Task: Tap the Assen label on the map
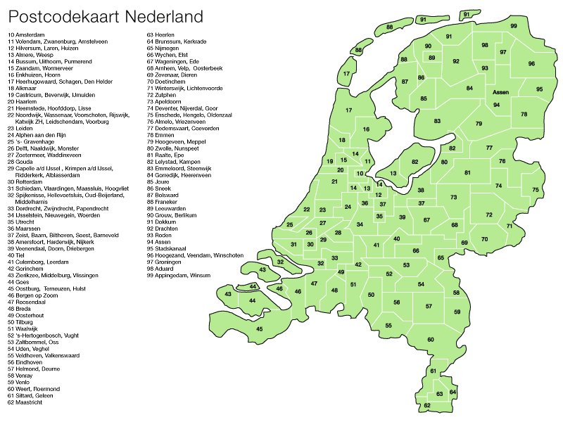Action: (x=500, y=93)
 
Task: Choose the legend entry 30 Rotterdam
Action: (x=27, y=181)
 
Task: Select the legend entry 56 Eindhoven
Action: (x=27, y=362)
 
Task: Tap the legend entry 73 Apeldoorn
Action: (x=167, y=101)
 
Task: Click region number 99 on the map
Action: (x=514, y=26)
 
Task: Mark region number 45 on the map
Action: (x=259, y=329)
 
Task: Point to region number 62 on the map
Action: (x=426, y=406)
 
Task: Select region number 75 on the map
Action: (x=536, y=190)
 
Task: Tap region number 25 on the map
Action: (x=289, y=224)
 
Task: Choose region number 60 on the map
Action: (x=431, y=340)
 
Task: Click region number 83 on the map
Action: (x=437, y=121)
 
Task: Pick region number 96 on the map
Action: (x=531, y=64)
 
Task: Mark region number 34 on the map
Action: (x=360, y=224)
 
